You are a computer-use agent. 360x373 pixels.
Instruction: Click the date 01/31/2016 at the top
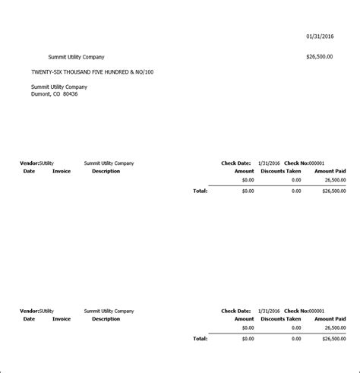click(319, 36)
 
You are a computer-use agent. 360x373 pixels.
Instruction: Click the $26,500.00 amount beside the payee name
click(319, 57)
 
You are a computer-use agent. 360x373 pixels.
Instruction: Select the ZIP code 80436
click(70, 94)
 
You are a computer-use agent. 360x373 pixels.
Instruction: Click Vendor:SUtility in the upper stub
click(36, 163)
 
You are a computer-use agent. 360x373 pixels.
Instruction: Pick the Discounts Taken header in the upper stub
click(280, 171)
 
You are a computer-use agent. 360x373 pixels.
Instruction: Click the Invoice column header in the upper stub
click(62, 171)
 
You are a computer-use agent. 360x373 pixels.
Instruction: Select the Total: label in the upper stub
click(200, 191)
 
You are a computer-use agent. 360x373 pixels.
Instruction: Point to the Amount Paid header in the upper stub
click(330, 171)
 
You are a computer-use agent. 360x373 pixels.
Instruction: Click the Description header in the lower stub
click(106, 319)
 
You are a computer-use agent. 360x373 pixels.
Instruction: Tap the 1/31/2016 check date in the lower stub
click(270, 311)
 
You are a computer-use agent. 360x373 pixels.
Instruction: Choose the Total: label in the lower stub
click(200, 339)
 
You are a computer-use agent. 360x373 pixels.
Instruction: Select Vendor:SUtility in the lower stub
click(36, 311)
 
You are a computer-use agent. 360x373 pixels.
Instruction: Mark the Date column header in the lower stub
click(29, 319)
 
